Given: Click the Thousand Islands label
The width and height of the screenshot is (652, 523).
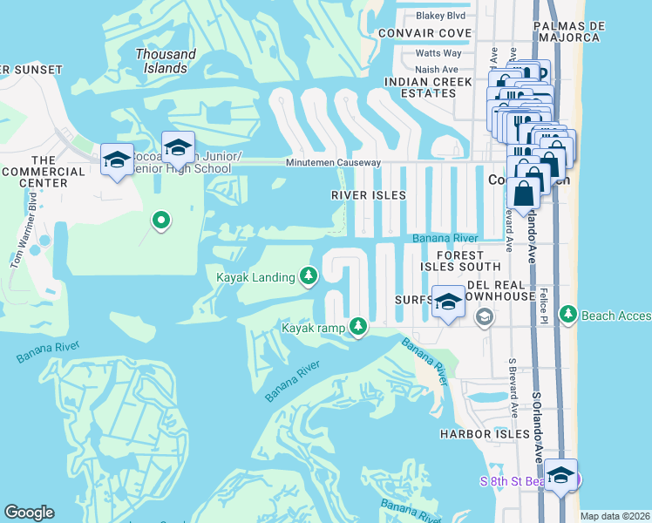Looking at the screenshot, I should [166, 60].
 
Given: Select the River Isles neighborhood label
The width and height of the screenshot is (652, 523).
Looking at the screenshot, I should [369, 195].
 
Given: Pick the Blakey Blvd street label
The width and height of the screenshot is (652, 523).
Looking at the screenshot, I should [443, 16].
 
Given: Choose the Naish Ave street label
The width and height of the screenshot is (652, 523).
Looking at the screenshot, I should [437, 70].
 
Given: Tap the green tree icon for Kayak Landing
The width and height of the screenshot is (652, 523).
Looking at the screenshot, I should [308, 276].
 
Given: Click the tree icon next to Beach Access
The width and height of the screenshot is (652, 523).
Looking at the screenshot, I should [568, 313].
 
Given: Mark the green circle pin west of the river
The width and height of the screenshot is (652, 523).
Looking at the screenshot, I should [160, 221].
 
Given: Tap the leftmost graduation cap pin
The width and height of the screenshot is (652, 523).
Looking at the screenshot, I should [117, 160].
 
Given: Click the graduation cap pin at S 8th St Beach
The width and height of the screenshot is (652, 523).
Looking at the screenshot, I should [562, 475].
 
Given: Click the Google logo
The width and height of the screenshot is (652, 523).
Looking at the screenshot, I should [29, 513].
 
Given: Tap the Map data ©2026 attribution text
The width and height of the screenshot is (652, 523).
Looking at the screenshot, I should [614, 516].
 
